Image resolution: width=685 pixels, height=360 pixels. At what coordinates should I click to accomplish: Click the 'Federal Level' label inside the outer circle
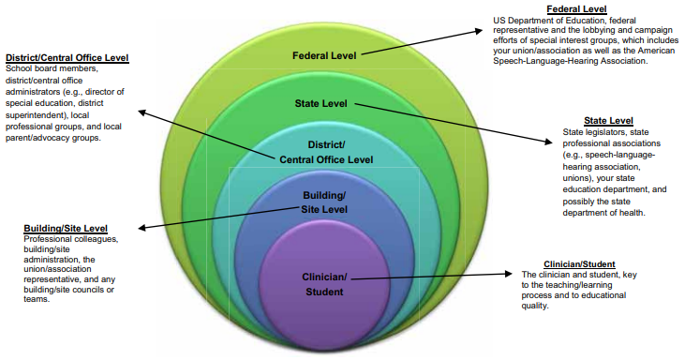click(x=324, y=55)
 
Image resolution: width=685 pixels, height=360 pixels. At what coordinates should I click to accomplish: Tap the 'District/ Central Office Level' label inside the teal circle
click(x=326, y=152)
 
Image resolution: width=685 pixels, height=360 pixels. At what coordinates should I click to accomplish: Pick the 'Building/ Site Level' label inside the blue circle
click(x=324, y=201)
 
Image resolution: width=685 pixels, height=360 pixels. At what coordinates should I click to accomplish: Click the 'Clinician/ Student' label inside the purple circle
click(x=324, y=284)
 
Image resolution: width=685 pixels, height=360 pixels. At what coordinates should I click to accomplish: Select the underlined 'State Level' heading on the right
click(x=607, y=121)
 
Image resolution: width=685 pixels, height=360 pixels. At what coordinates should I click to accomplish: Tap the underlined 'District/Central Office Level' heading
click(x=67, y=58)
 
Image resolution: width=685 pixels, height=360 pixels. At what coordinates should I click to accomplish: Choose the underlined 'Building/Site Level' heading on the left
click(x=65, y=228)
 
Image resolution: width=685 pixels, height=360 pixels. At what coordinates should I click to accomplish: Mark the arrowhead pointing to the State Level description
click(x=553, y=142)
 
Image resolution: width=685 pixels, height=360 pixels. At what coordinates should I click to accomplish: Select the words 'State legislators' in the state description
click(x=590, y=133)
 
